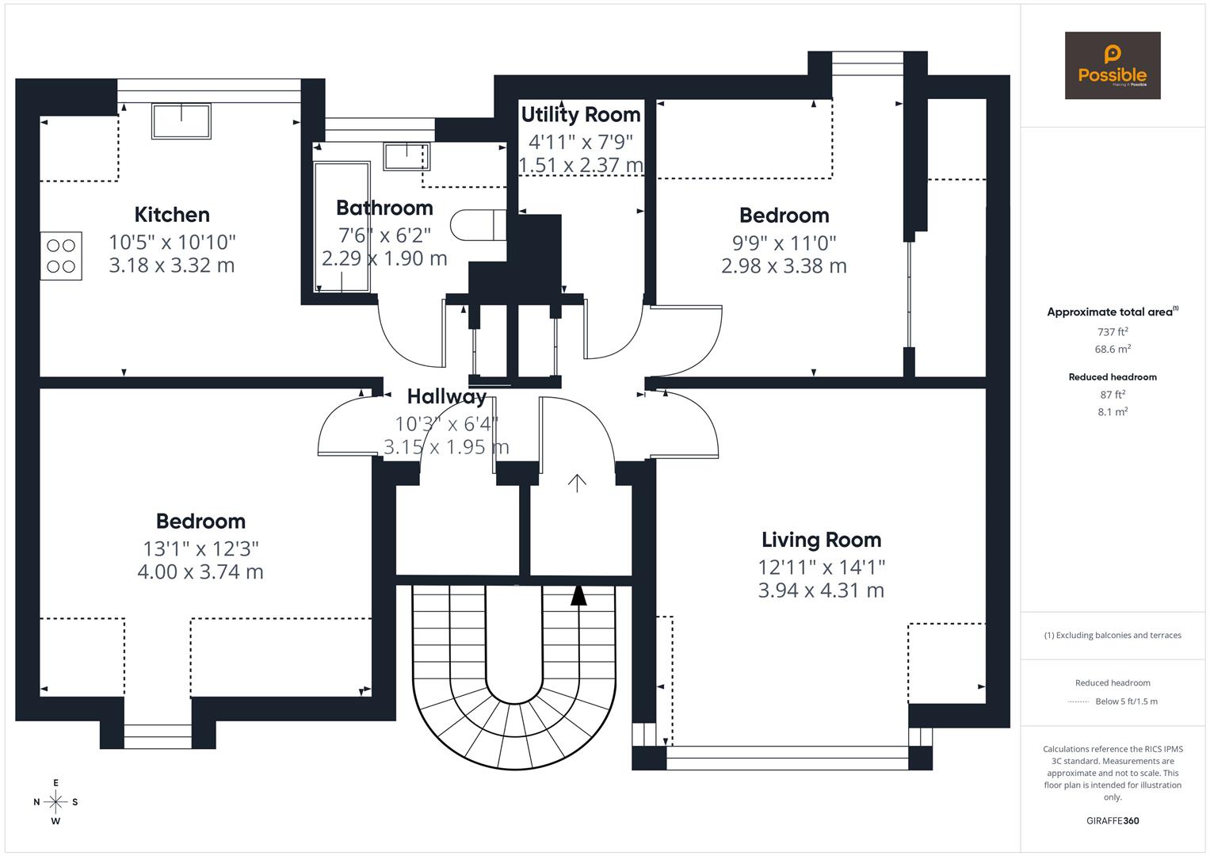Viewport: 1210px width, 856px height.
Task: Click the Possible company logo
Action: [1112, 66]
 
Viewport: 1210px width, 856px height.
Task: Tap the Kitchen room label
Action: [172, 215]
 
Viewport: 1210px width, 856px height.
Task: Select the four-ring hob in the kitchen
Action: [61, 255]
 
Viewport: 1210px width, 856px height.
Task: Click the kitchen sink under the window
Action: [181, 121]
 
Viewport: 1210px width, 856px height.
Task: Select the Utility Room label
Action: [580, 115]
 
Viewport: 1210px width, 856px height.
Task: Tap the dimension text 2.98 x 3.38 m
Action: [784, 266]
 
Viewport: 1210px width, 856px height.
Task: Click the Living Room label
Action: [821, 540]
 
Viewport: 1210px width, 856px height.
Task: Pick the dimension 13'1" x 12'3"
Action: [200, 548]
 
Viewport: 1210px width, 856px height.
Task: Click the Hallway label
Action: [447, 396]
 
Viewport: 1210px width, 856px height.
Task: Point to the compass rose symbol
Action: [55, 802]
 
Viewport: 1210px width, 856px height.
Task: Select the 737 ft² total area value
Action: [1113, 332]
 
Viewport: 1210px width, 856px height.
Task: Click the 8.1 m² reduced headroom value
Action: [1113, 411]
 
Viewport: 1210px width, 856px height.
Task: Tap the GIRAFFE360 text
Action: [1113, 820]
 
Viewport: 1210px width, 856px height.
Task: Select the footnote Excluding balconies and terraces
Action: [1113, 635]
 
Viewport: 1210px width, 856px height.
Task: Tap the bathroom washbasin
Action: [407, 156]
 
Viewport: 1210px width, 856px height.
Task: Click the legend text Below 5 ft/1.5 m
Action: [1126, 701]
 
